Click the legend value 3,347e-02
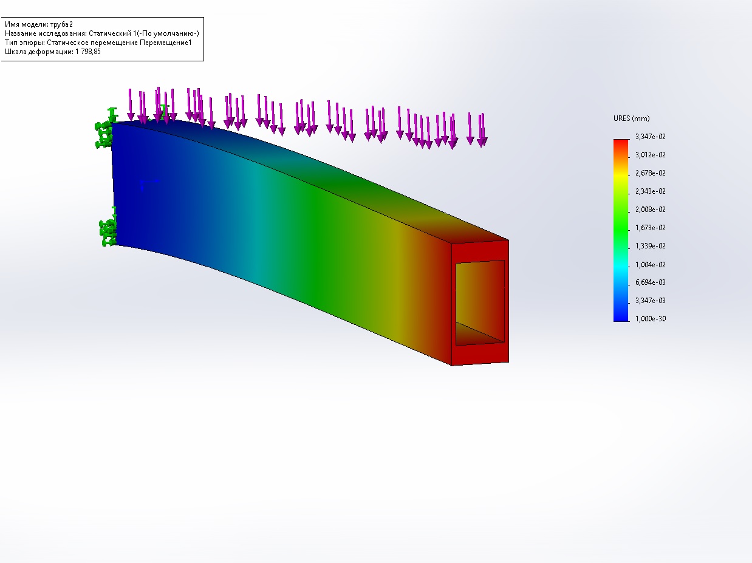650,137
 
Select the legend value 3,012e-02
650,155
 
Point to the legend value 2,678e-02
650,173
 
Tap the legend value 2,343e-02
650,191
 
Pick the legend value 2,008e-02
650,210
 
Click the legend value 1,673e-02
650,228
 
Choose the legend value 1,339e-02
650,246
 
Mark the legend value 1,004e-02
650,264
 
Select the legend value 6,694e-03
650,282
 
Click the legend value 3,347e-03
650,301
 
